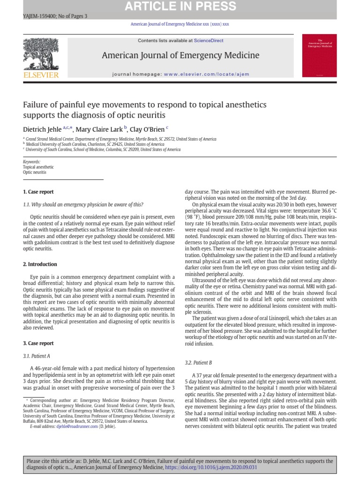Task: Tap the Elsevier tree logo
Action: tap(41, 54)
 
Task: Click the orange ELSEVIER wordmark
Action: tap(41, 75)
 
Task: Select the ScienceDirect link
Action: tap(210, 41)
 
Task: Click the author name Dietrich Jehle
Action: tap(42, 128)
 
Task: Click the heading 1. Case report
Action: tap(38, 192)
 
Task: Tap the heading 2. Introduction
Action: tap(40, 264)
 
